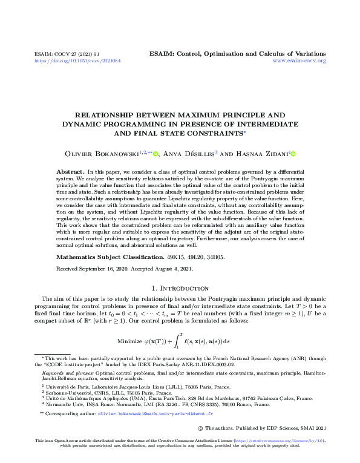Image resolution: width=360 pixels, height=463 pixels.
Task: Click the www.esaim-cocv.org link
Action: click(x=299, y=61)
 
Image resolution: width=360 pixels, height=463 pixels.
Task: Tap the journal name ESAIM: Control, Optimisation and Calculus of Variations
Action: click(x=237, y=54)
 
